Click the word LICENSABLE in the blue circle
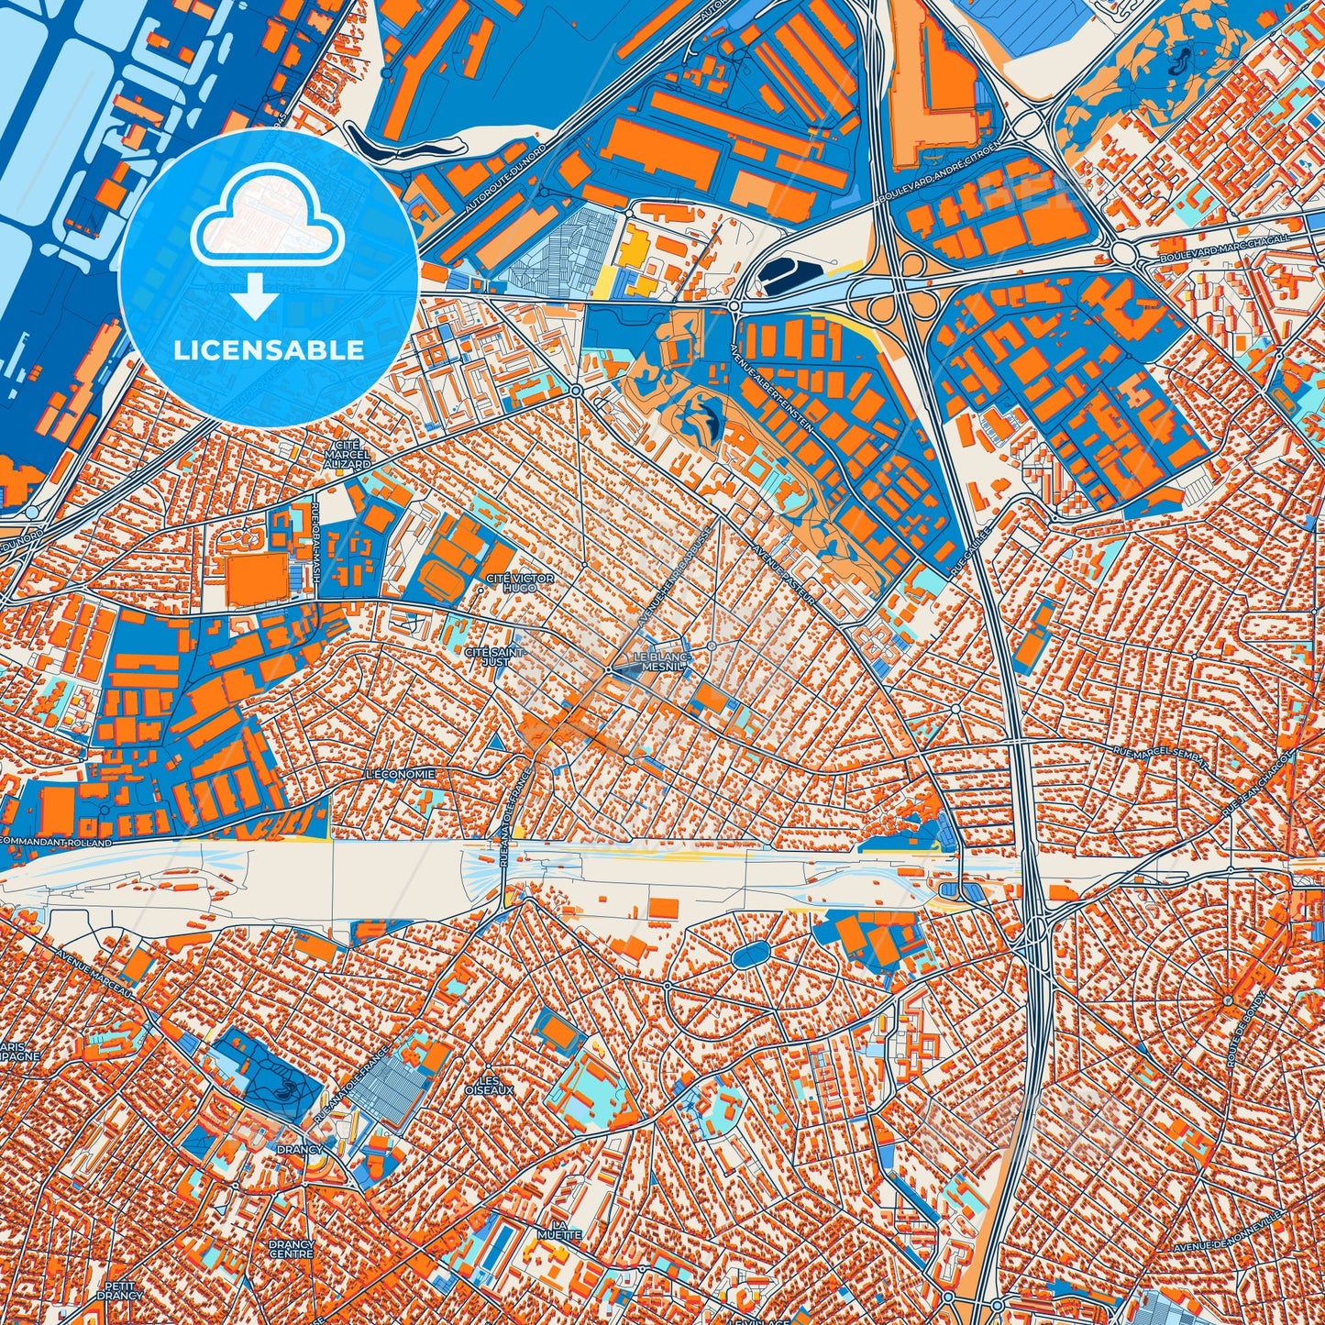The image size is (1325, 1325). (x=269, y=349)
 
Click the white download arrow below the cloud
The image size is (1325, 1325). (x=256, y=295)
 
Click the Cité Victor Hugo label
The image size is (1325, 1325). (x=519, y=582)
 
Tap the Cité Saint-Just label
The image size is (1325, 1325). (x=494, y=657)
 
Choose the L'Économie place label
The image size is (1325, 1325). (x=400, y=774)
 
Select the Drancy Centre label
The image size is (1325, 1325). (x=292, y=1249)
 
